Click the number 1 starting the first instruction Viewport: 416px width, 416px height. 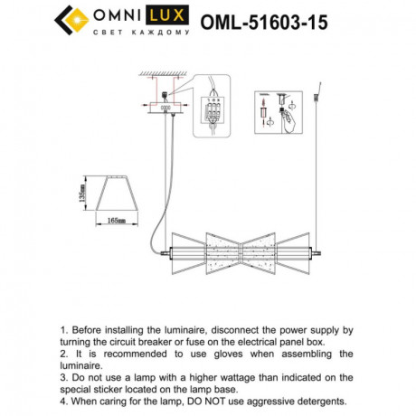pyautogui.click(x=62, y=332)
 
